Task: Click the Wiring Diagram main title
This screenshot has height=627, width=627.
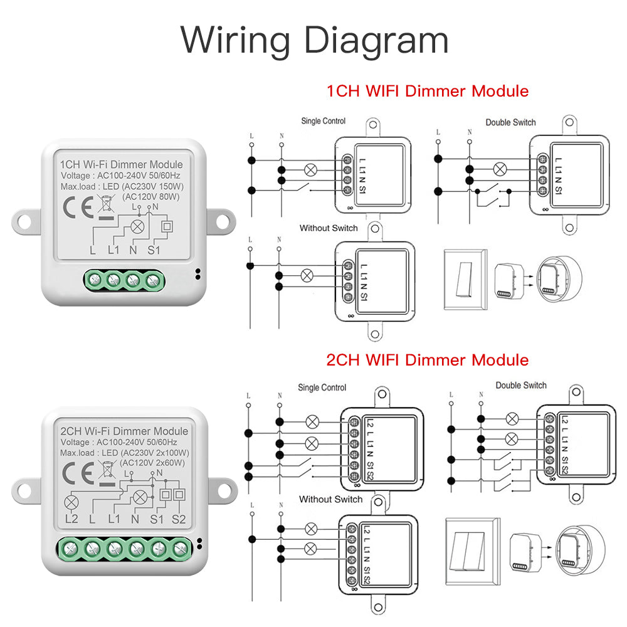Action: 314,39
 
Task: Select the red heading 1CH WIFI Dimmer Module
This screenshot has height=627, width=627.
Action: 427,91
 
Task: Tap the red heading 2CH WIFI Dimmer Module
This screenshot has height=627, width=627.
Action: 427,360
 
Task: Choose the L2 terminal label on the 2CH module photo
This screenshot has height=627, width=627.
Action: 71,519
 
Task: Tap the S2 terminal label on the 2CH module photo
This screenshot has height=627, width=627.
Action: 179,519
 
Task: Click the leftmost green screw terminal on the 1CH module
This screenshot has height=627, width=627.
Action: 95,280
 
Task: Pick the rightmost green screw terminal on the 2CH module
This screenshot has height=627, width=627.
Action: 180,549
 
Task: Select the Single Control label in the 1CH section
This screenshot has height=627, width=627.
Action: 323,121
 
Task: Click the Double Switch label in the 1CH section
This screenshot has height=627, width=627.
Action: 510,122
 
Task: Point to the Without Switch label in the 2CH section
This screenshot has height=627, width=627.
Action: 330,499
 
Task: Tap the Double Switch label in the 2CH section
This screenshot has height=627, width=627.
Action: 521,386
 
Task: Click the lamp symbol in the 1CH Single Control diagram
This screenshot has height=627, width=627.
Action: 308,169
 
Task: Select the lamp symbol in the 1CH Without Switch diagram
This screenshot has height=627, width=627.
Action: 307,275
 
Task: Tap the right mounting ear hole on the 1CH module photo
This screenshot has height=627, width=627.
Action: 221,221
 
